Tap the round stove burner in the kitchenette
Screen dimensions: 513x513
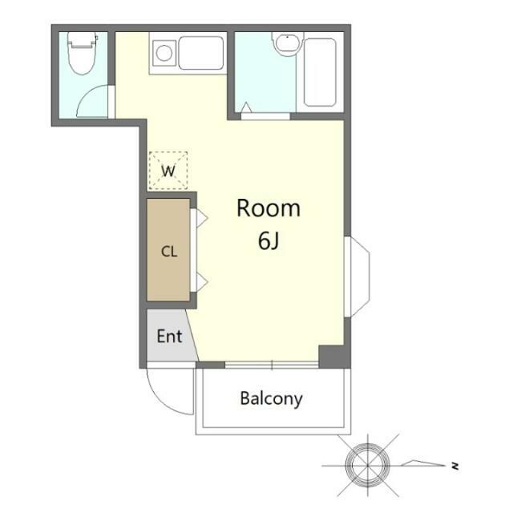(x=164, y=53)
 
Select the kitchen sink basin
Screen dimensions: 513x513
(x=201, y=53)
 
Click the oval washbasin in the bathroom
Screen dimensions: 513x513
(x=287, y=43)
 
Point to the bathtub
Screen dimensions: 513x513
(x=320, y=72)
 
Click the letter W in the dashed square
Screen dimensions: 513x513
(x=168, y=171)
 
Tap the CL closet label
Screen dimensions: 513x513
(x=169, y=252)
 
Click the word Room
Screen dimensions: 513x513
(x=269, y=208)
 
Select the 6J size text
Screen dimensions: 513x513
(x=269, y=240)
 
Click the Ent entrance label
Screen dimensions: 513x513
(x=169, y=336)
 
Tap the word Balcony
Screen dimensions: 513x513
(x=271, y=399)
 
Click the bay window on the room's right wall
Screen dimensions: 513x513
(x=357, y=277)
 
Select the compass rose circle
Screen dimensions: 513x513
(x=367, y=465)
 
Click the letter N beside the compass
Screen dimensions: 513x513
(x=454, y=466)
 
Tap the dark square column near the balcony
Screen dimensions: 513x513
(x=334, y=357)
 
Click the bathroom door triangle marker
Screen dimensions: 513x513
(x=246, y=107)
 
